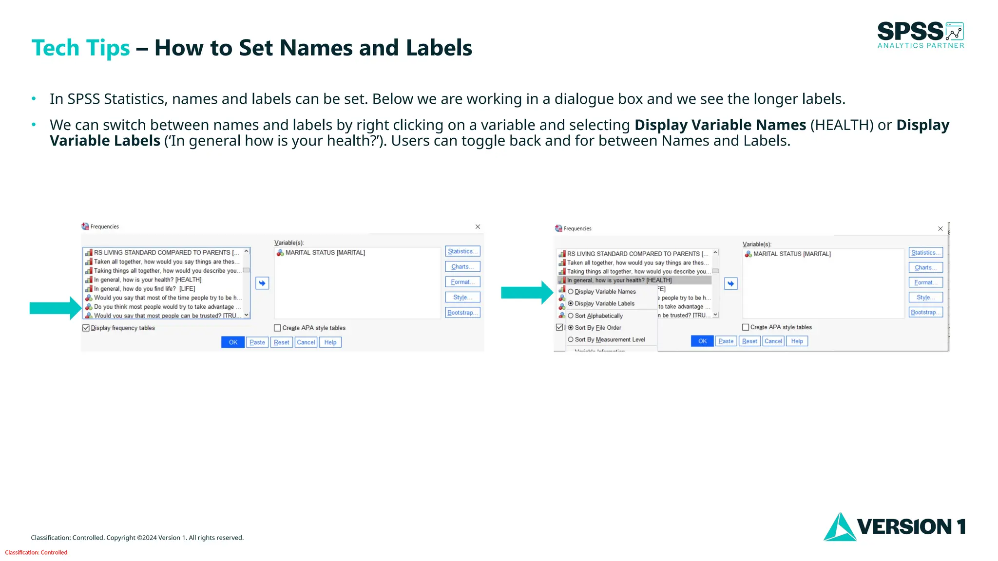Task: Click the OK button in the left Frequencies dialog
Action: [x=233, y=342]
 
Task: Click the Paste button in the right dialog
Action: [x=726, y=341]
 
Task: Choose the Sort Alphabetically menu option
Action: [x=598, y=316]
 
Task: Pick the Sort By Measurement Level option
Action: [x=610, y=339]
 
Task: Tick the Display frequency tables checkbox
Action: [x=86, y=328]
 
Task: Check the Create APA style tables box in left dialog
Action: [x=278, y=328]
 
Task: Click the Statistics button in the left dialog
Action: [x=462, y=251]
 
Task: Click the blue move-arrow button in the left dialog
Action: [x=262, y=283]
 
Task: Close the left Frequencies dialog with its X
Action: [x=478, y=227]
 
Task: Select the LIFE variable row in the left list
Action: [x=144, y=289]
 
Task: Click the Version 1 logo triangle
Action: [x=840, y=528]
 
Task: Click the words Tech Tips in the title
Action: [x=80, y=48]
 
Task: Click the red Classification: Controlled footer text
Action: [x=36, y=552]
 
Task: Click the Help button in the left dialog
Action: [x=330, y=342]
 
